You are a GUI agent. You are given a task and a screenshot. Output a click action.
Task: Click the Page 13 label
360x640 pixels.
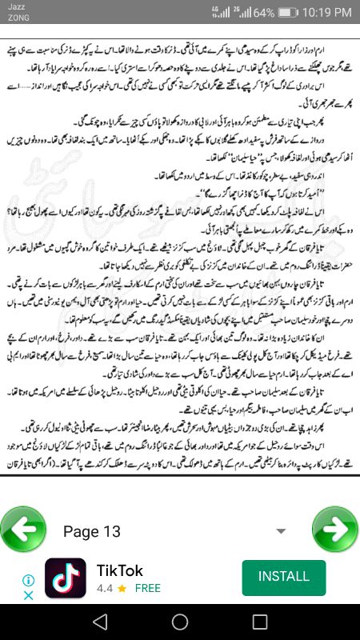(x=92, y=531)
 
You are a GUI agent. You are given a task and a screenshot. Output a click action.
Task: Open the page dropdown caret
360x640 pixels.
(x=280, y=531)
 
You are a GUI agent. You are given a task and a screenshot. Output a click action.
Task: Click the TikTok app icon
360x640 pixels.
(x=66, y=578)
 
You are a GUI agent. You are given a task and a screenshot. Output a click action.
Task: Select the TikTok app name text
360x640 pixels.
(x=120, y=570)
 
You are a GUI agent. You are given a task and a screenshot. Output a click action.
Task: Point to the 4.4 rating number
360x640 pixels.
(x=105, y=588)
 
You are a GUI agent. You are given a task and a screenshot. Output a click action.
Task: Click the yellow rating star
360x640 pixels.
(x=122, y=588)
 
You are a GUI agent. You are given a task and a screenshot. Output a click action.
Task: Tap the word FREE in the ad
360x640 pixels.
(x=147, y=588)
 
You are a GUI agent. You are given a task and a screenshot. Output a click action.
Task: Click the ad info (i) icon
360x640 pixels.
(x=28, y=580)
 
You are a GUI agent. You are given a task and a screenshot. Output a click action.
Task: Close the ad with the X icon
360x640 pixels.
(x=28, y=595)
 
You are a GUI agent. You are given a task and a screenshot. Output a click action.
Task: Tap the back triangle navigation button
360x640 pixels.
(x=99, y=622)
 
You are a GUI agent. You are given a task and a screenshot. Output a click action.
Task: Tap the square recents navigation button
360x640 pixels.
(x=259, y=622)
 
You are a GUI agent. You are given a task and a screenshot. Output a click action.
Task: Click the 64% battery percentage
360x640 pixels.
(x=263, y=14)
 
